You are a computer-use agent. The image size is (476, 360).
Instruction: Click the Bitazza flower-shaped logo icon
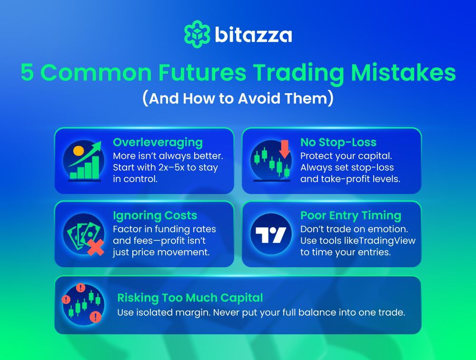197,34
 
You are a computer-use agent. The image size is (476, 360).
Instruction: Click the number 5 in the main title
27,72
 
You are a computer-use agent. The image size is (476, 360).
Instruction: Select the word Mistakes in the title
404,72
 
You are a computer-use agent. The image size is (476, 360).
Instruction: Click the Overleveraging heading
158,143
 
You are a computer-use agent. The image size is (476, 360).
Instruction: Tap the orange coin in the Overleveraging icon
79,151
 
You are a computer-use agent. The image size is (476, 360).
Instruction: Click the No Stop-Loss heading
338,142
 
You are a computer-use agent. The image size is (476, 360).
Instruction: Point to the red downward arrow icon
285,149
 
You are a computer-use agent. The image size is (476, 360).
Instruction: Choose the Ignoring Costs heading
155,215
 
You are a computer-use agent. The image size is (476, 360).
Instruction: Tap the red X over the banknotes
95,247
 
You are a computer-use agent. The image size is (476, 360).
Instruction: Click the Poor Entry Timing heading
351,215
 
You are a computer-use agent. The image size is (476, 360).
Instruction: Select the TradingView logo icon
271,235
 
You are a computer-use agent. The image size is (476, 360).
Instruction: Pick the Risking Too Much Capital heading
190,298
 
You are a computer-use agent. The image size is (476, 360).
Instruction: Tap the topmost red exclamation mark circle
80,287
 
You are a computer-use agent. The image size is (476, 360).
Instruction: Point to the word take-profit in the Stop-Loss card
342,179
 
